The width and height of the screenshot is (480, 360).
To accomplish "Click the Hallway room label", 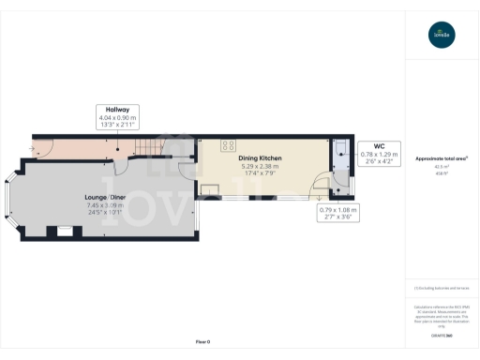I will coord(117,109).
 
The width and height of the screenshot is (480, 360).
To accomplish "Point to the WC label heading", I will coord(380,145).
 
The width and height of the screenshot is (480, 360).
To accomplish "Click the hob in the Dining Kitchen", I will coord(228,145).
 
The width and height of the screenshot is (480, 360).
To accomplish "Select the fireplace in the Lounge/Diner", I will coord(64,230).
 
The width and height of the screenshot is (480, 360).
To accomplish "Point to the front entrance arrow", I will coord(37,147).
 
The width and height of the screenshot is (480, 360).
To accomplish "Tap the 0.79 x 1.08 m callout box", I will coord(339,213).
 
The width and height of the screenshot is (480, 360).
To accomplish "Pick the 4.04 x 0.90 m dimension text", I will coord(117,117).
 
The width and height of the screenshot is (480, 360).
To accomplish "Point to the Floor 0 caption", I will coord(202,341).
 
